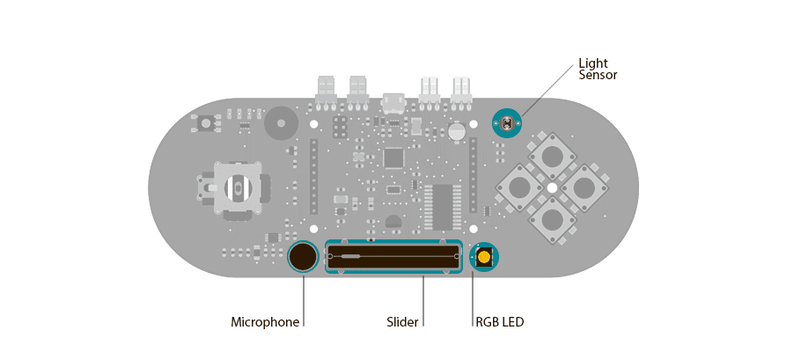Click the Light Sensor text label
598,70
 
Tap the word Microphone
265,322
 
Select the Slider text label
402,322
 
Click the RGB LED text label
499,322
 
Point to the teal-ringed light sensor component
506,123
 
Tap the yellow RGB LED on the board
484,258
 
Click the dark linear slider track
393,256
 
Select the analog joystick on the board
235,187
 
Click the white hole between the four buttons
552,187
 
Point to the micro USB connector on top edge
393,103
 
